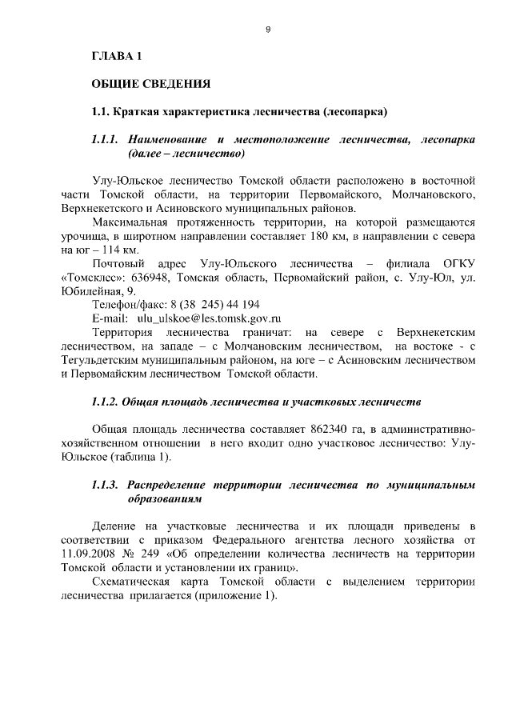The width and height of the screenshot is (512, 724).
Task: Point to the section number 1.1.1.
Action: tap(105, 139)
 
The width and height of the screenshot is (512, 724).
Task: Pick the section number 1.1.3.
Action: tap(105, 485)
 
